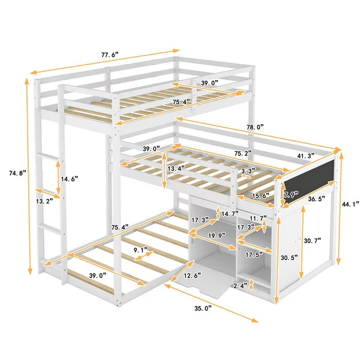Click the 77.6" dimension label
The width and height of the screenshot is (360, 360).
110,55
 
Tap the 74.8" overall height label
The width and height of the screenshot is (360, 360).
18,173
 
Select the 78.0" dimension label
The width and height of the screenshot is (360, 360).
255,127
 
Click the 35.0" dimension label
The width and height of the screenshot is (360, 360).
203,308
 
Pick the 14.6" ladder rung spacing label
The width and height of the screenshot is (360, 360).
69,179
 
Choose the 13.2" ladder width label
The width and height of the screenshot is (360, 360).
45,201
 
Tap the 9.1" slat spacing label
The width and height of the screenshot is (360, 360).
141,250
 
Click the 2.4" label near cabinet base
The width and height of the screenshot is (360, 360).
241,285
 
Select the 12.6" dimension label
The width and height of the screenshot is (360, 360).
192,275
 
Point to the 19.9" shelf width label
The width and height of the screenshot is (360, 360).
217,235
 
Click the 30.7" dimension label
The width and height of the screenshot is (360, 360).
312,241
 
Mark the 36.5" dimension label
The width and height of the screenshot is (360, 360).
316,199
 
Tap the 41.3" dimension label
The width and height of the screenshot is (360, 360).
306,156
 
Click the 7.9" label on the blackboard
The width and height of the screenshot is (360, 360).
291,195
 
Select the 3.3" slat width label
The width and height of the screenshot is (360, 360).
248,171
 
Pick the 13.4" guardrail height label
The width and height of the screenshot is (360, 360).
176,169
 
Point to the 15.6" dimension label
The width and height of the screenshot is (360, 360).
261,196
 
